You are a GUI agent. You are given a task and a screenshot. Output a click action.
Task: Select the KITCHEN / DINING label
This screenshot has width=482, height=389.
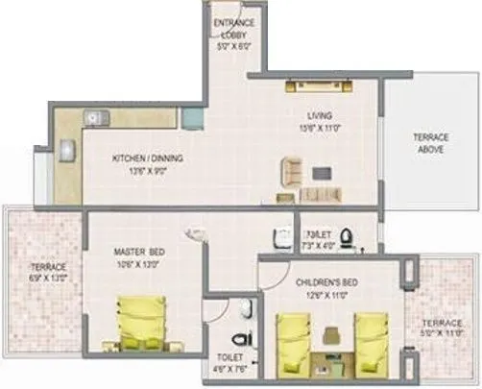pos(148,158)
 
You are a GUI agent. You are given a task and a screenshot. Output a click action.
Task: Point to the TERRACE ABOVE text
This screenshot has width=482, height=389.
pos(431,143)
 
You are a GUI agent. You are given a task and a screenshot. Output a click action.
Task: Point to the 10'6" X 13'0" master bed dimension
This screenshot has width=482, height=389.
pos(138,263)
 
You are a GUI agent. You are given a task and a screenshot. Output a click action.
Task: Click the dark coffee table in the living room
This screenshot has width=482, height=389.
pos(321,173)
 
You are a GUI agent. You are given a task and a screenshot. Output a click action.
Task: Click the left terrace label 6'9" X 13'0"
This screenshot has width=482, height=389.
pos(46,272)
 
